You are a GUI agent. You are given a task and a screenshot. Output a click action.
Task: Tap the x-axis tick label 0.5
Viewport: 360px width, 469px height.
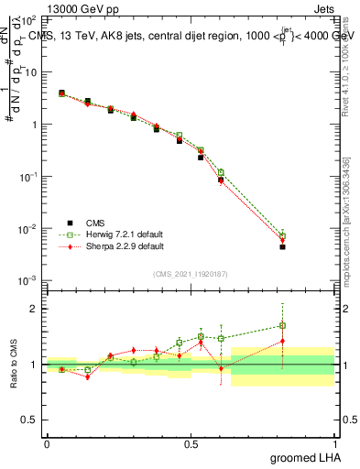coord(191,444)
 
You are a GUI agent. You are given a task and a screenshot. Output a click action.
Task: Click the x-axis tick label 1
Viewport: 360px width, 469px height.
coord(334,444)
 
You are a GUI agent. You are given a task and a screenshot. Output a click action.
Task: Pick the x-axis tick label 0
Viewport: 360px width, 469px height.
coord(47,444)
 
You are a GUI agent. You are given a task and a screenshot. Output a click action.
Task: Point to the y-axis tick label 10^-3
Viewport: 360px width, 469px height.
coord(28,280)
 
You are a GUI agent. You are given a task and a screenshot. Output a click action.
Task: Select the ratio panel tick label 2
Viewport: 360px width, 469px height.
coord(37,309)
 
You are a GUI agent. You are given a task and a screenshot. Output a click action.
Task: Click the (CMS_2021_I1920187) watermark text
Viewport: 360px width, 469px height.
coord(191,274)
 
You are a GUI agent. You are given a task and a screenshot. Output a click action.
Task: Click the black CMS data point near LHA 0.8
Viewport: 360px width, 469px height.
coord(283,247)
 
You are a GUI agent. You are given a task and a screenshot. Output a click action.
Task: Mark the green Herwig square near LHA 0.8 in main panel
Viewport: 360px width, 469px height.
coord(283,235)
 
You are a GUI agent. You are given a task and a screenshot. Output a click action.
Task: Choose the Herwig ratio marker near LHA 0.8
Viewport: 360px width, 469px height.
coord(283,325)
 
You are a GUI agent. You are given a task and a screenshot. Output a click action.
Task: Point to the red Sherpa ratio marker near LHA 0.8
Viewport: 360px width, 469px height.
coord(283,342)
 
